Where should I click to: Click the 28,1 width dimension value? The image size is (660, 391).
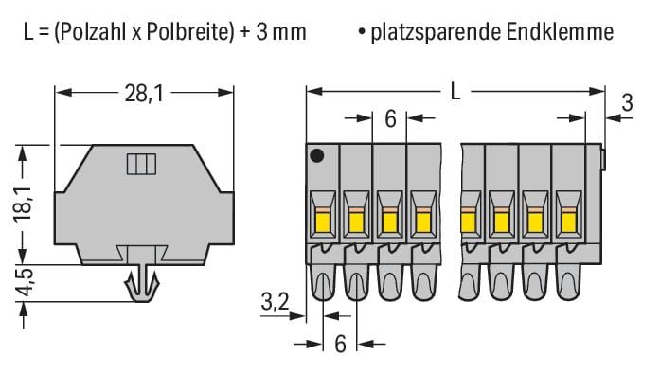point(144,94)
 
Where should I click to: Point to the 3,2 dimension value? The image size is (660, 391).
point(275,302)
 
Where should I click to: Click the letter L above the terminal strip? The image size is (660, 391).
point(455,91)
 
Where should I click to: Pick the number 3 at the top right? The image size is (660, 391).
point(627,102)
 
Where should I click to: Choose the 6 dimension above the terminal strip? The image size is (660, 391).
point(390,119)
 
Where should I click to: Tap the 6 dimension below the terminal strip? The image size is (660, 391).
point(340,344)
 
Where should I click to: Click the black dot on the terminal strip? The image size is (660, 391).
point(316,156)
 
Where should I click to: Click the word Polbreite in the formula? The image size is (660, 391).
point(187,32)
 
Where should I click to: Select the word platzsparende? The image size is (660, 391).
point(436,33)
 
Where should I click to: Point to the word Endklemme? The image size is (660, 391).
point(560,32)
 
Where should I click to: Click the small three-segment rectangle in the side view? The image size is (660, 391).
point(141,164)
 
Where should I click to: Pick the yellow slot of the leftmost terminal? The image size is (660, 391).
point(323,222)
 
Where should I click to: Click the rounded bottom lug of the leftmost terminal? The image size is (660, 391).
point(323,282)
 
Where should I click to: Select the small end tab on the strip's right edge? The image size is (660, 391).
point(603,159)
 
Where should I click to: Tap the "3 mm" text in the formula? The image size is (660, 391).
point(280,32)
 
